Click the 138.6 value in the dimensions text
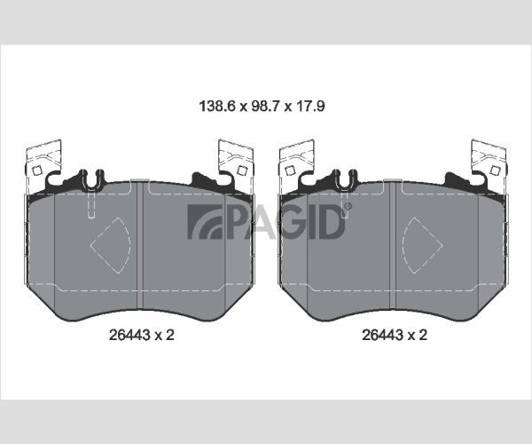(x=217, y=106)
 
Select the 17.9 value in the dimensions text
(x=311, y=106)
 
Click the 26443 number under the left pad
(x=129, y=335)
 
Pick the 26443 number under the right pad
(x=382, y=335)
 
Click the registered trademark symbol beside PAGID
(x=348, y=206)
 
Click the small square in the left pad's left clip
(x=36, y=170)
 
